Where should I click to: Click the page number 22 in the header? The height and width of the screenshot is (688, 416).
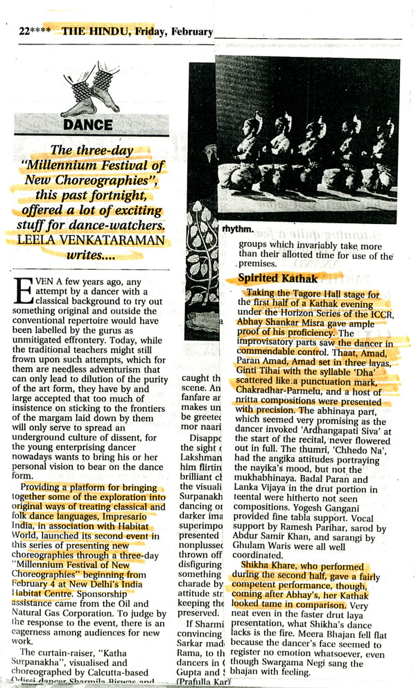click(x=26, y=31)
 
